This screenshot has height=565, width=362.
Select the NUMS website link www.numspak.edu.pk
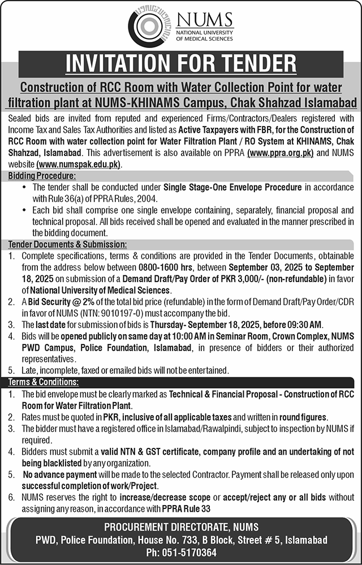[x=79, y=164]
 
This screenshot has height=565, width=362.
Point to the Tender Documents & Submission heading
[x=67, y=244]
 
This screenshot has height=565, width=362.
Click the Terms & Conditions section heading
[x=42, y=382]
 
